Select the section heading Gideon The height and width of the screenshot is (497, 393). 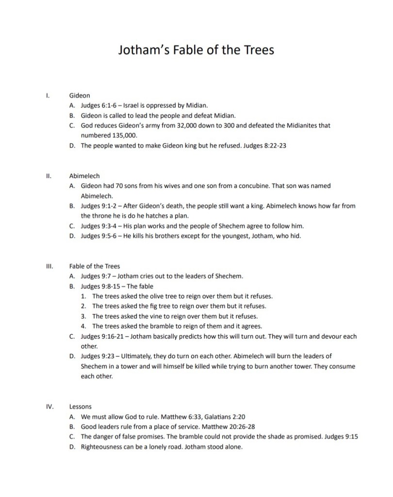(x=80, y=96)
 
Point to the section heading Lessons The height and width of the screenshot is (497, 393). (x=81, y=406)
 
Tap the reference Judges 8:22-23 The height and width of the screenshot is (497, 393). (x=265, y=146)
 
